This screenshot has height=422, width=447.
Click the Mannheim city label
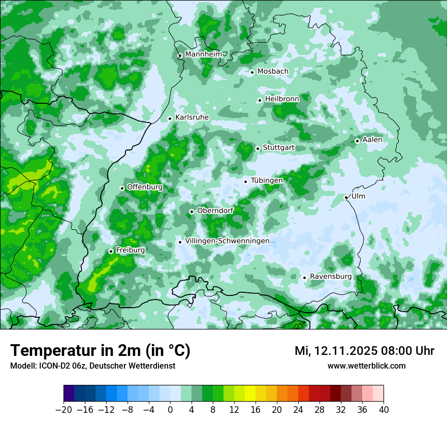pos(203,54)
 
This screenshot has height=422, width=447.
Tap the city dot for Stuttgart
pos(258,148)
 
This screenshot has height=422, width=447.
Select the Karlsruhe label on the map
pos(191,117)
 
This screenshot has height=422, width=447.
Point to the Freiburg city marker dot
pos(111,251)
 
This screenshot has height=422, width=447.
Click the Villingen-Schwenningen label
pos(227,241)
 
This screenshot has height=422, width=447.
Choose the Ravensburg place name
pos(330,277)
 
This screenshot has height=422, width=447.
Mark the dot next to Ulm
pos(346,197)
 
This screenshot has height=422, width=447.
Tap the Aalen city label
pos(372,140)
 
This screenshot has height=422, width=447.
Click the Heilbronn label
pos(281,99)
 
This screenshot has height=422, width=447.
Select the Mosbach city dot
pos(252,72)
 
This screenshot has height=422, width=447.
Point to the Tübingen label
pos(267,180)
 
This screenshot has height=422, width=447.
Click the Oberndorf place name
pos(215,210)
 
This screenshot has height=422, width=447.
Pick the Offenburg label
pos(144,187)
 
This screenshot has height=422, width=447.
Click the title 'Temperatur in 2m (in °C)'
pos(100,351)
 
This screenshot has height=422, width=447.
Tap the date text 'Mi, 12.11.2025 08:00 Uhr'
pos(364,351)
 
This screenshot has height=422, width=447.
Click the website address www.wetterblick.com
pos(366,366)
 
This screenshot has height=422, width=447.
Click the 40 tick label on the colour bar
pos(384,410)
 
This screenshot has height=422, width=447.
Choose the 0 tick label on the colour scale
pos(170,410)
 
